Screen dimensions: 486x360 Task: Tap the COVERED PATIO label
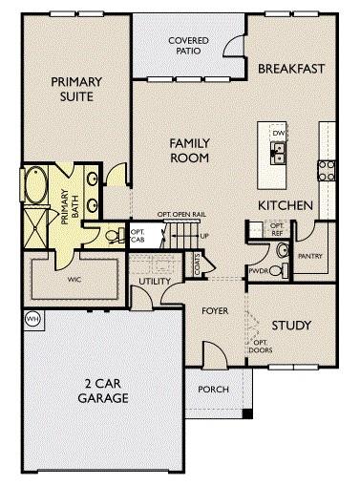[188, 46]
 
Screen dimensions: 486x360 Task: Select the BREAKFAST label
[292, 69]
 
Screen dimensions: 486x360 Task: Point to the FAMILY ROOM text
[189, 151]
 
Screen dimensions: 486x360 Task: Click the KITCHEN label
[285, 205]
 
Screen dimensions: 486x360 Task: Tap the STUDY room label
[291, 326]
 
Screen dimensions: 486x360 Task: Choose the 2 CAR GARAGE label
[103, 391]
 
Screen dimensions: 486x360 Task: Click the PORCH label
[213, 390]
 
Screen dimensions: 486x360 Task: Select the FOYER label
[215, 311]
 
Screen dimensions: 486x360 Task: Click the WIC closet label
[74, 282]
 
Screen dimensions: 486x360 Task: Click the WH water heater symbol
[32, 319]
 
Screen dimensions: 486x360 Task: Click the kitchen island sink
[279, 150]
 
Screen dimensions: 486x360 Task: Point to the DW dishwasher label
[279, 133]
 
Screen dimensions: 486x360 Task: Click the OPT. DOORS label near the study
[259, 345]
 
